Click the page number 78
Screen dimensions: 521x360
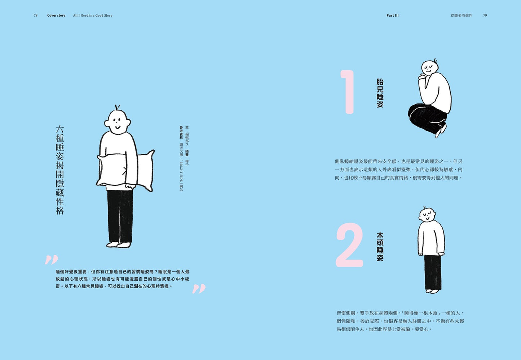coord(36,16)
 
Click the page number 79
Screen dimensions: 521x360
coord(485,16)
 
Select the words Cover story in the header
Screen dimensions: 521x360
coord(56,16)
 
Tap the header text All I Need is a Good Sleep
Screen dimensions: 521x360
coord(93,16)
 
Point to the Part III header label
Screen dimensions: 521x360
coord(392,16)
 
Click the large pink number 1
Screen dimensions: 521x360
coord(348,92)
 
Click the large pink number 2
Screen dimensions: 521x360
coord(349,245)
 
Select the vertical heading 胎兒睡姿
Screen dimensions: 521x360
coord(380,93)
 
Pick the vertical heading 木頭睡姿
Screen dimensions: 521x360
coord(380,246)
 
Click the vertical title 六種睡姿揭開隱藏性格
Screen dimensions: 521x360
coord(60,170)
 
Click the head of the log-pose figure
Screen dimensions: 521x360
coord(427,215)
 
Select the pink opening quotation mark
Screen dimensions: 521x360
coord(52,260)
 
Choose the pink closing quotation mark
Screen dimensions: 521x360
coord(199,289)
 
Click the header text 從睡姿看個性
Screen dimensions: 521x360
coord(462,16)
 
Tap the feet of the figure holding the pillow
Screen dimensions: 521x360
coord(118,245)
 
